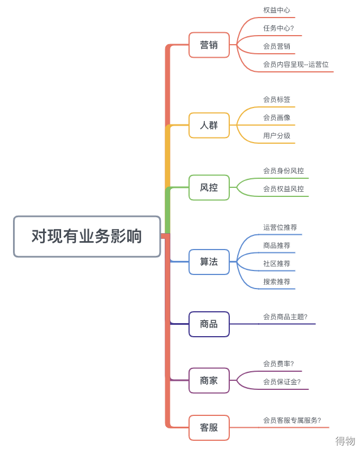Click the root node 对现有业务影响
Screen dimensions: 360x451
tap(87, 236)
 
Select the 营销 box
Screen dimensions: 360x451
tap(209, 45)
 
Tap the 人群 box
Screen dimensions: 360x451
tap(209, 125)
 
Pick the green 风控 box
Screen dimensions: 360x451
tap(209, 187)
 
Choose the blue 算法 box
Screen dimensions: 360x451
tap(209, 262)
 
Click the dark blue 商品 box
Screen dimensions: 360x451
tap(209, 324)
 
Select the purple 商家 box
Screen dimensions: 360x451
tap(209, 380)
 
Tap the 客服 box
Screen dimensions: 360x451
tap(209, 427)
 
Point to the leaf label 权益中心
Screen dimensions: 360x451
tap(277, 10)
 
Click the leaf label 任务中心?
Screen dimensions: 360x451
tap(278, 28)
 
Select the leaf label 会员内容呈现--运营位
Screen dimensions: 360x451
tap(296, 65)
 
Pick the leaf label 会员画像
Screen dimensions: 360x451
tap(277, 117)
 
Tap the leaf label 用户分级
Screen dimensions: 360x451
tap(277, 135)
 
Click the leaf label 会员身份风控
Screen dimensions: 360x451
tap(284, 170)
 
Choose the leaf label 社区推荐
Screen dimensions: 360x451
tap(277, 264)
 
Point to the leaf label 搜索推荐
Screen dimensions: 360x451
tap(277, 282)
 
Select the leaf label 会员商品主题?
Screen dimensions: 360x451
tap(285, 317)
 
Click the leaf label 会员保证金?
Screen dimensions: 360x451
tap(282, 382)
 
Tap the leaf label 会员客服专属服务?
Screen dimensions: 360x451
tap(292, 420)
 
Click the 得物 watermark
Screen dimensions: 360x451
tap(345, 441)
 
